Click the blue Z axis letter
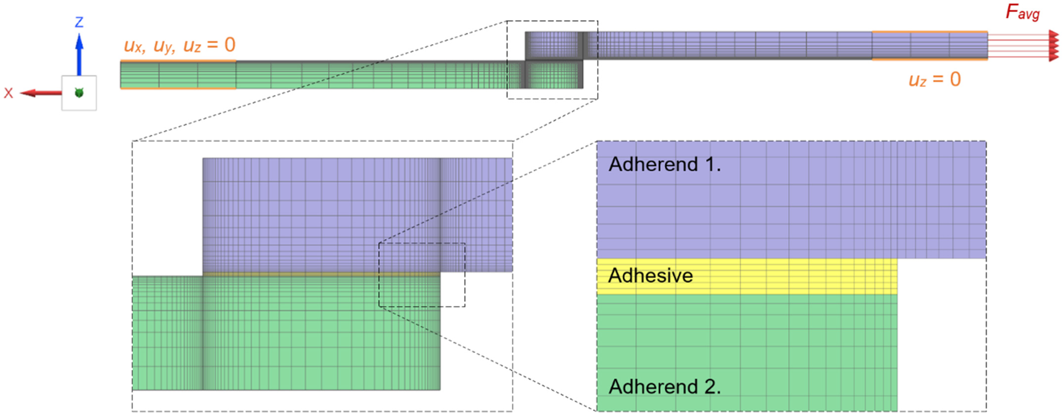[79, 22]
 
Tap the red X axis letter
[8, 93]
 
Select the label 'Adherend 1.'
[665, 164]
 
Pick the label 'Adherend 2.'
[665, 387]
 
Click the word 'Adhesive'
[650, 276]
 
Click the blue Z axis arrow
[79, 53]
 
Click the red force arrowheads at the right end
[1054, 45]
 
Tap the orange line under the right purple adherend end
[930, 60]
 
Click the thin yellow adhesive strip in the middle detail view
[322, 273]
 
